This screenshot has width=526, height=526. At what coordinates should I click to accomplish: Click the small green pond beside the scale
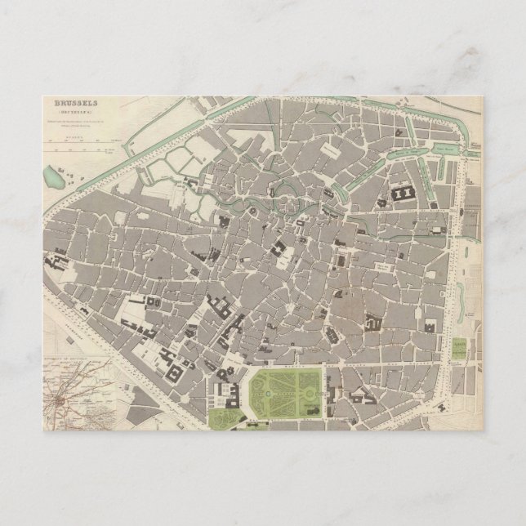point(54,174)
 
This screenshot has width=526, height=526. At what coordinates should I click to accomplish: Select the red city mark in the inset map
point(59,402)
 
